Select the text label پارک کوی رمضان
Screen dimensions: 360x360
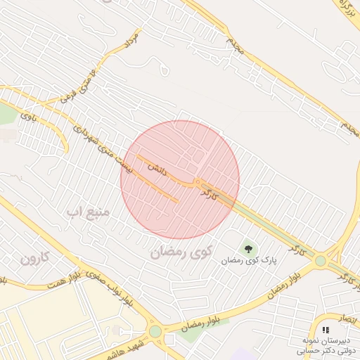tap(250, 260)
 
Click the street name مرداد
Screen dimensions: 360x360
tap(131, 39)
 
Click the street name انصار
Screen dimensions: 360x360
tap(347, 319)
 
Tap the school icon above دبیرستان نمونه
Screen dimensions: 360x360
tap(325, 329)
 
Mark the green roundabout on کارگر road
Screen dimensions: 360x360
tap(321, 261)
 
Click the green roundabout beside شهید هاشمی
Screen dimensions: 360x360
tap(155, 331)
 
